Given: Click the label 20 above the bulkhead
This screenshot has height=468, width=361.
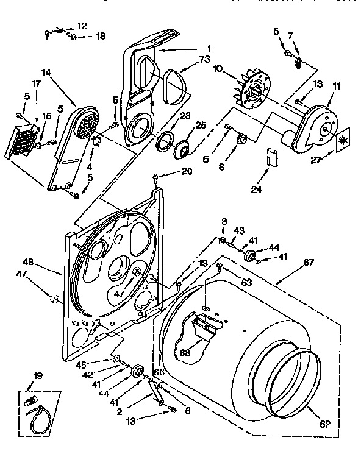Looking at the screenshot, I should point(186,171).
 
